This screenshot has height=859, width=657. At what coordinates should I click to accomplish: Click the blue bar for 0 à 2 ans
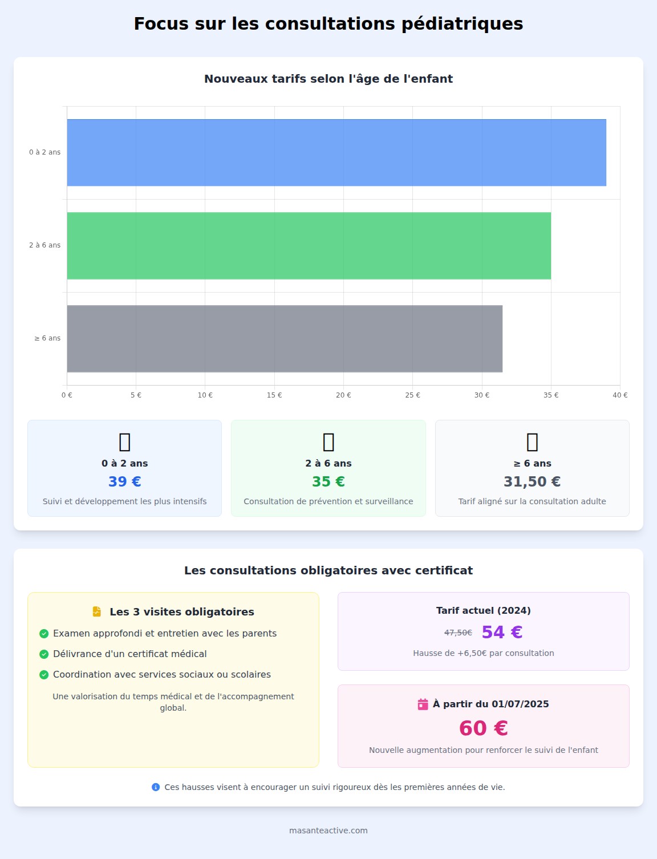(336, 152)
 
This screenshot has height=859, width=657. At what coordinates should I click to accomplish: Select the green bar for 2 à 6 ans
(309, 245)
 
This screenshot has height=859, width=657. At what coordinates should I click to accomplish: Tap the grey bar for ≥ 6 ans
(285, 338)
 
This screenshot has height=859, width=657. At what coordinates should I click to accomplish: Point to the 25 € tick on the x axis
(413, 395)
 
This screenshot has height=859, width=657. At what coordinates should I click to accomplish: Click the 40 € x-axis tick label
(620, 395)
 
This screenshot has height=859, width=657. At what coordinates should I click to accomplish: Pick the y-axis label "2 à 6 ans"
(45, 245)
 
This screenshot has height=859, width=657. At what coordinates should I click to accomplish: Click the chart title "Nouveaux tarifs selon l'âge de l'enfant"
(328, 79)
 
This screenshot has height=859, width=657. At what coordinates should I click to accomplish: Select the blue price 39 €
(125, 481)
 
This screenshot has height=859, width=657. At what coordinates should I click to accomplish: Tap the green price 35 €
(328, 481)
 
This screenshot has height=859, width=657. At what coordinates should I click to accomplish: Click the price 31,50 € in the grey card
(532, 481)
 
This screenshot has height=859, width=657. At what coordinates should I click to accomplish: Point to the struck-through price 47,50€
(458, 633)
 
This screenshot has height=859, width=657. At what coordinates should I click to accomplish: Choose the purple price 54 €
(502, 632)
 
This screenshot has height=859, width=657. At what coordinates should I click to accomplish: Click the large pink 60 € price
(484, 728)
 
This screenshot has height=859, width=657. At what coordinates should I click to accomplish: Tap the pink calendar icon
(423, 704)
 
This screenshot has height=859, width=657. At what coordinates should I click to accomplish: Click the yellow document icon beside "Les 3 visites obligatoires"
(97, 611)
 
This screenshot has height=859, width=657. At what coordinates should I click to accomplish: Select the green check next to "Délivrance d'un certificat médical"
(44, 654)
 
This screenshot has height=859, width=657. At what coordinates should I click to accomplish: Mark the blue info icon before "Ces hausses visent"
(156, 787)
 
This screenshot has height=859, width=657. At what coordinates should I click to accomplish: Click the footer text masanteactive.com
(328, 830)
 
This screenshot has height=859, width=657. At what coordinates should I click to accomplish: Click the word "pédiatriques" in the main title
(462, 24)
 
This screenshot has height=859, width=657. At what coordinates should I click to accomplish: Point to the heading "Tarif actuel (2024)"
(484, 610)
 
